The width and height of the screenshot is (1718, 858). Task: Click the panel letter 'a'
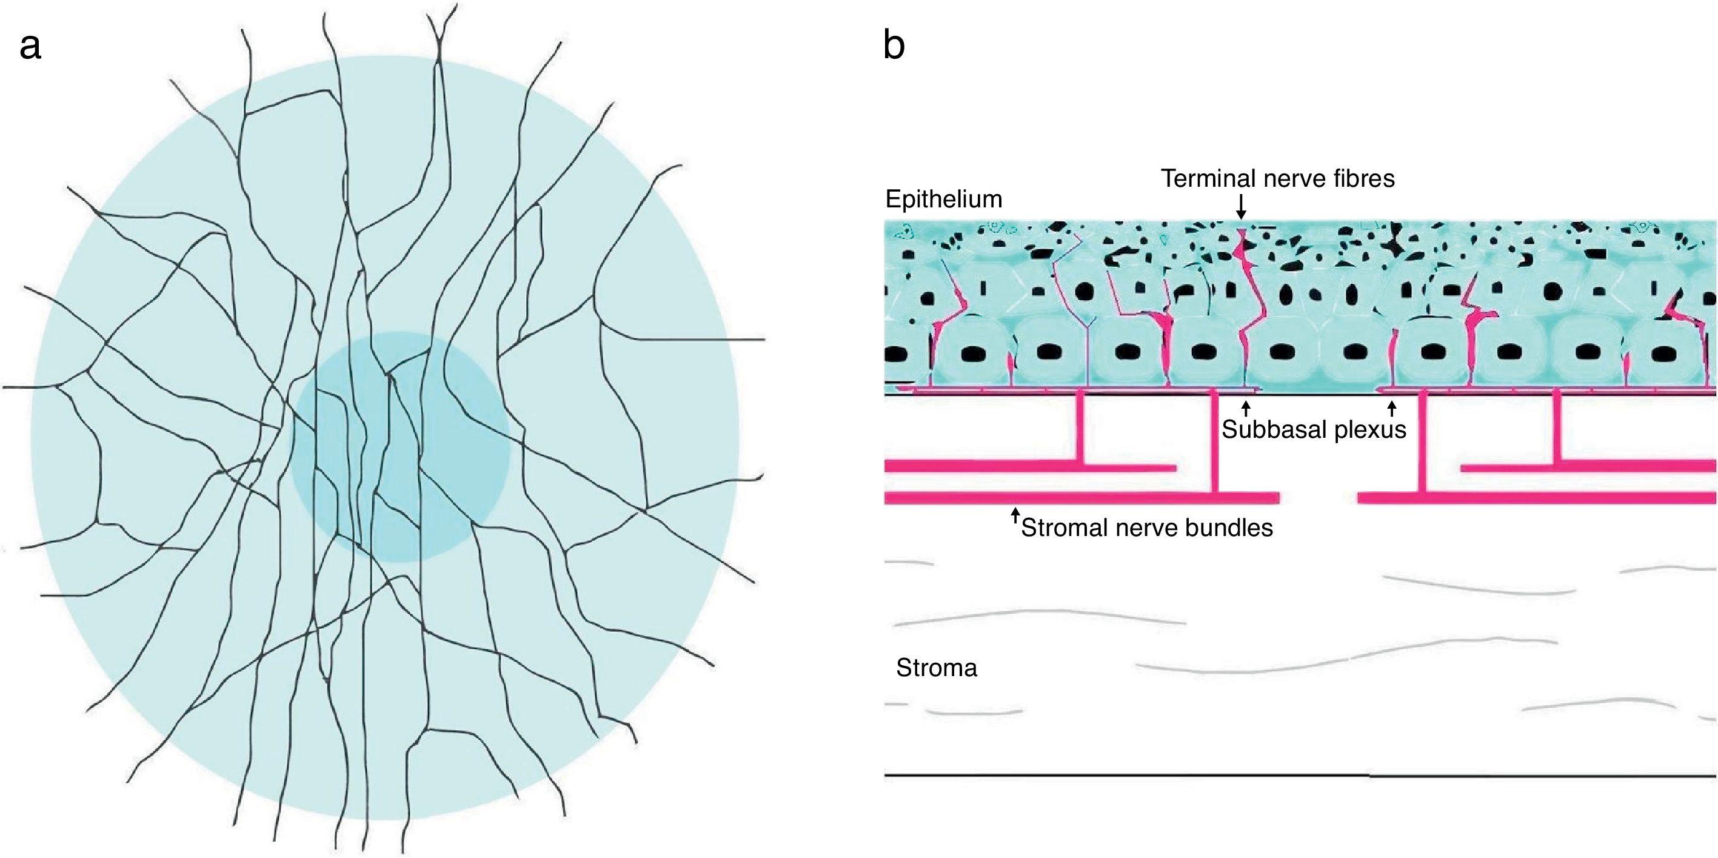(x=31, y=48)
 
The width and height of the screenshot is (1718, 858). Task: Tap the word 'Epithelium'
(x=943, y=199)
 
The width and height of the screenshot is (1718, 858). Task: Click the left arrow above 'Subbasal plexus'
(x=1245, y=407)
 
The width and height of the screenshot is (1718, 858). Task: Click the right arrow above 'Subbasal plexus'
(x=1391, y=407)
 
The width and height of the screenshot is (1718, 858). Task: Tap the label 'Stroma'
(x=937, y=668)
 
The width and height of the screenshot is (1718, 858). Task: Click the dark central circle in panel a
(x=400, y=447)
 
